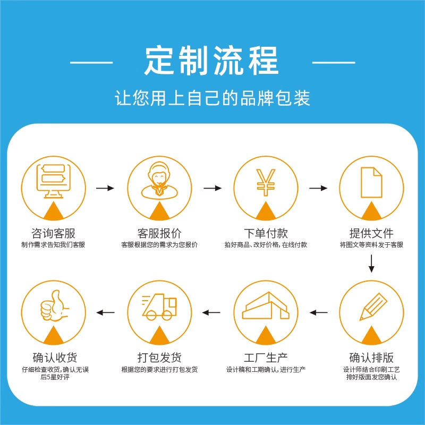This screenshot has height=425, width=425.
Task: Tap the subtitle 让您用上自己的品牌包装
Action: (212, 98)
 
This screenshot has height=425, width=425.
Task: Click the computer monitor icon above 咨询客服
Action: (53, 181)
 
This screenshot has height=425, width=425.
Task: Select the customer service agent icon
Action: (159, 181)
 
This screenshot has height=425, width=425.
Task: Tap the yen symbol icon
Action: (265, 181)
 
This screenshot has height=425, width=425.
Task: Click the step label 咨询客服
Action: (53, 233)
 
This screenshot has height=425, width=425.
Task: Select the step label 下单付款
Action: (265, 233)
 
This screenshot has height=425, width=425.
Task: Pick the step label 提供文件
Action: (371, 233)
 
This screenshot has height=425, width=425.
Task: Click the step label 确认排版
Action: (371, 356)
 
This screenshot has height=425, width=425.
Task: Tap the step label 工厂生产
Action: (265, 356)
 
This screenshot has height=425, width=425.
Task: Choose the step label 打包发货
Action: (159, 356)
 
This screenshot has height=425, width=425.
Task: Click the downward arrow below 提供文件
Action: (371, 263)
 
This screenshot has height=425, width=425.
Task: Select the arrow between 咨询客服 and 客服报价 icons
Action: (105, 188)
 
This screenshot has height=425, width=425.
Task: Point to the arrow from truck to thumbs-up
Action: (105, 312)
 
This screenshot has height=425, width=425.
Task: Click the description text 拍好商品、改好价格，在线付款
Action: (265, 245)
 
